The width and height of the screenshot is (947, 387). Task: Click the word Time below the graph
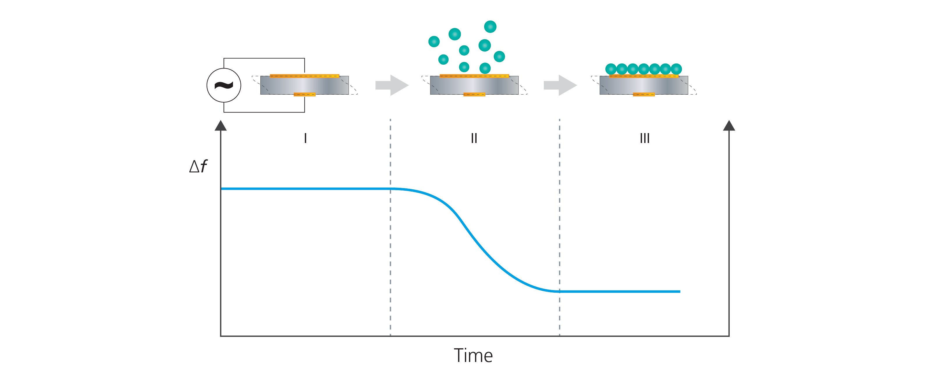pyautogui.click(x=473, y=355)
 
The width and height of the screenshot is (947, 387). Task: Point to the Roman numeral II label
pyautogui.click(x=474, y=138)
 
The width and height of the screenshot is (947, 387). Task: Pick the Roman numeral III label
pyautogui.click(x=644, y=138)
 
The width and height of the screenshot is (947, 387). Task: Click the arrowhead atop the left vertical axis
pyautogui.click(x=221, y=126)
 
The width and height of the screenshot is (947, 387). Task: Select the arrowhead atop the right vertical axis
pyautogui.click(x=729, y=126)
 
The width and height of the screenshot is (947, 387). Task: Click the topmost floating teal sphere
pyautogui.click(x=490, y=26)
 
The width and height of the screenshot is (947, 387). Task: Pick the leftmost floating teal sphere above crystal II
pyautogui.click(x=434, y=42)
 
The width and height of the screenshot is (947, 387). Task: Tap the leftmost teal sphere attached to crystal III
pyautogui.click(x=611, y=69)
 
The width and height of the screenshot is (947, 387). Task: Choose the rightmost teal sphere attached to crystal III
pyautogui.click(x=676, y=69)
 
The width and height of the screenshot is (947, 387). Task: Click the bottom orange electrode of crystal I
pyautogui.click(x=304, y=94)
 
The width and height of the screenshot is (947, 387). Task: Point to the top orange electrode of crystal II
pyautogui.click(x=474, y=76)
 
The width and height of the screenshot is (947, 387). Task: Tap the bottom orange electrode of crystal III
pyautogui.click(x=644, y=94)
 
